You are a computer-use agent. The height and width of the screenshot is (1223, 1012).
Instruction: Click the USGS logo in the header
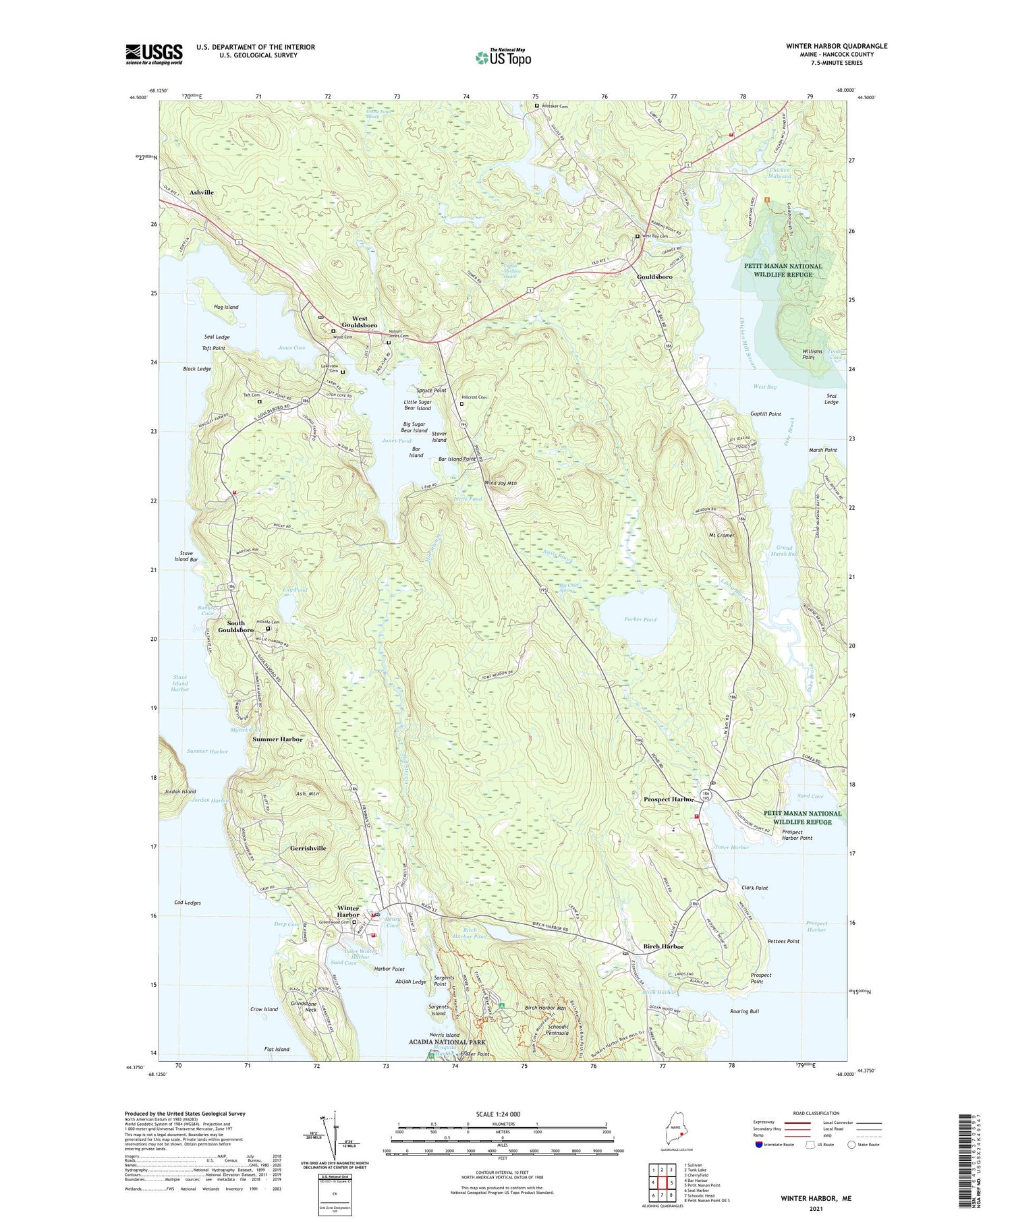154,54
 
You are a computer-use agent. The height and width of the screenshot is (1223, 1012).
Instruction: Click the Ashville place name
201,192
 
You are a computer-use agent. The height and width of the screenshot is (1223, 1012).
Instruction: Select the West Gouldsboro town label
360,322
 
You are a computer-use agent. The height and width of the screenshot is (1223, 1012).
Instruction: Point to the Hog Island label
226,307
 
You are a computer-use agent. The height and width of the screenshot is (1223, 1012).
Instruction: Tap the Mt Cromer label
721,535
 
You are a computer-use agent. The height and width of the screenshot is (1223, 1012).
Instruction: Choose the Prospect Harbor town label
669,799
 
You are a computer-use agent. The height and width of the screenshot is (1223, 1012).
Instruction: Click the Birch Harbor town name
663,946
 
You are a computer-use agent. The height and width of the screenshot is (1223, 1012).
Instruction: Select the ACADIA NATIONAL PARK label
452,1042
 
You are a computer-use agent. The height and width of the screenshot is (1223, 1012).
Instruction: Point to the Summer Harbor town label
277,739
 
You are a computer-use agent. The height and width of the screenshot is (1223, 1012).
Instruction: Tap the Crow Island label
264,1009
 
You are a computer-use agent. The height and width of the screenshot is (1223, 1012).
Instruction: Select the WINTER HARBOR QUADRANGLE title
837,46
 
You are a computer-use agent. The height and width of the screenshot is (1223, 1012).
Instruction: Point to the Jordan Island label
180,791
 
